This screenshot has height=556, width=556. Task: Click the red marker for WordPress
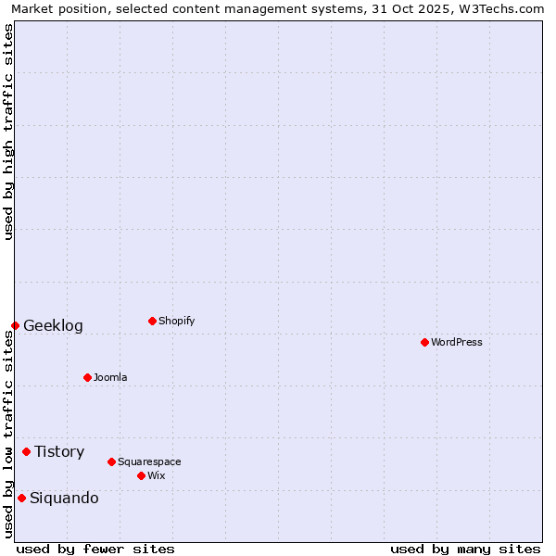click(424, 342)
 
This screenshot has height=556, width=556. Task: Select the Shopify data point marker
click(152, 321)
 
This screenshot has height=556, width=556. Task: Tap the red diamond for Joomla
click(87, 377)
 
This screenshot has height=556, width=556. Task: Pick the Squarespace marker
click(111, 461)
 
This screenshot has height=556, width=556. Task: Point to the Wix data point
click(141, 475)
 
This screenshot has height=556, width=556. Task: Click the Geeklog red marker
click(15, 325)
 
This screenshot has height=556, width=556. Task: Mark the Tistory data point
click(26, 451)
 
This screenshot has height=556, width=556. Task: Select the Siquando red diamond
click(21, 498)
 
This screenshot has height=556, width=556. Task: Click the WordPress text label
click(457, 343)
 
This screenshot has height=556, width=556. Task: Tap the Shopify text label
click(176, 322)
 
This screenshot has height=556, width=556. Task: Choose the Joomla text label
click(110, 378)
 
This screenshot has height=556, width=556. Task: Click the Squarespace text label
click(149, 462)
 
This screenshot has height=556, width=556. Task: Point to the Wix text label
click(157, 476)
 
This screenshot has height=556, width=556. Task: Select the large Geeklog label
click(53, 326)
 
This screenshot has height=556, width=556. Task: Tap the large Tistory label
click(59, 452)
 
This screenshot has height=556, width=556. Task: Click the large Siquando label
click(64, 499)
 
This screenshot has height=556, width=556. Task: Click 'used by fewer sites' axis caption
click(95, 549)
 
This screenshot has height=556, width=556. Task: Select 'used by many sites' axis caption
click(465, 549)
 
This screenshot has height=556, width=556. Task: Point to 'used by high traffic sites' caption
click(8, 132)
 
